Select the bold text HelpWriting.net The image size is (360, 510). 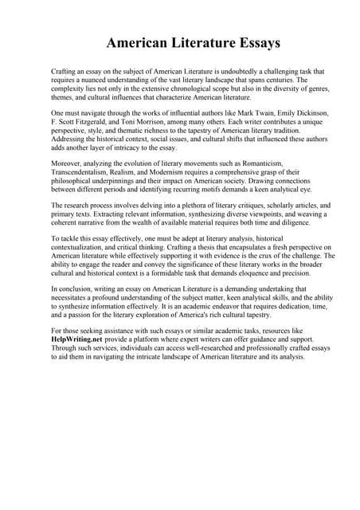tap(79, 338)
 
